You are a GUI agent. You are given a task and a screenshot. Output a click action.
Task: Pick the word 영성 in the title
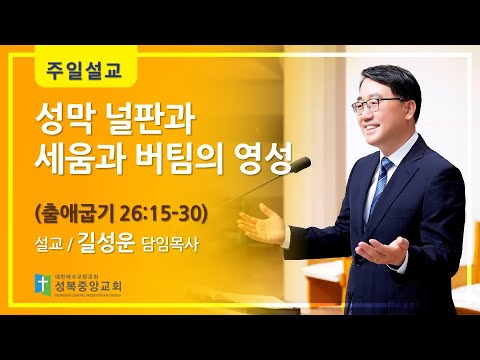pyautogui.click(x=274, y=160)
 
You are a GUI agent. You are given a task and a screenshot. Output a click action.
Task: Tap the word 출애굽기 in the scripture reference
pyautogui.click(x=83, y=212)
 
